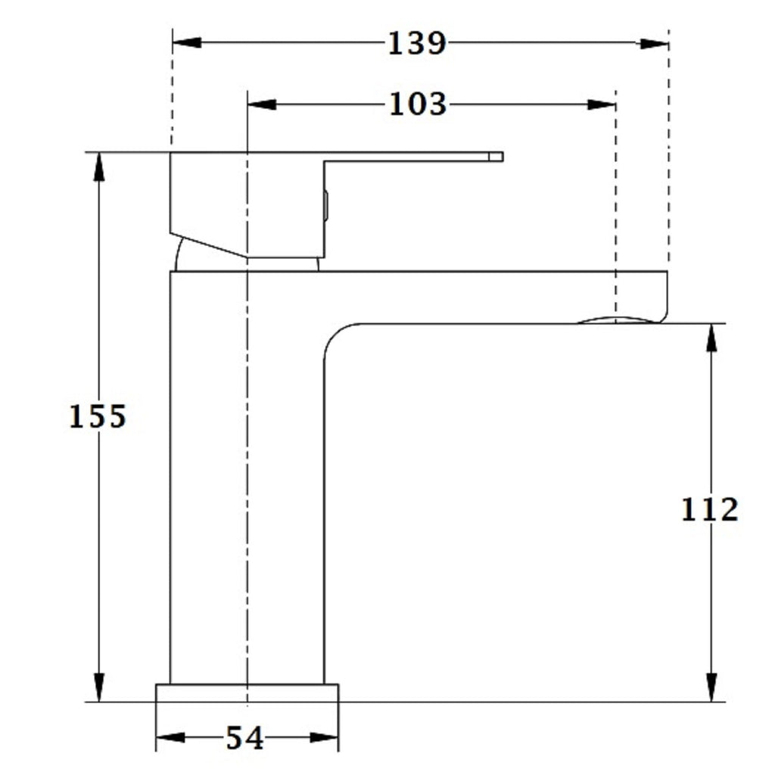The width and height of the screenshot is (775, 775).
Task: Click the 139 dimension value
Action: (x=417, y=43)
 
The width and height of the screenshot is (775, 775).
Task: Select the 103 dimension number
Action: (x=418, y=104)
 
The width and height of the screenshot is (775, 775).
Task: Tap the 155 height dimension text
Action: (x=98, y=416)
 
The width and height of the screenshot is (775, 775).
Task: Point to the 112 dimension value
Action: (x=710, y=509)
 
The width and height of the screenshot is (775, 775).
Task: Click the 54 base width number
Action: (x=244, y=739)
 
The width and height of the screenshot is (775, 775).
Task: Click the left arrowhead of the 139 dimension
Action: (x=187, y=42)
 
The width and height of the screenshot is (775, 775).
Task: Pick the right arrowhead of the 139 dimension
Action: (x=654, y=43)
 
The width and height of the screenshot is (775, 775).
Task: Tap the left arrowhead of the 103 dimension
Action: (x=261, y=104)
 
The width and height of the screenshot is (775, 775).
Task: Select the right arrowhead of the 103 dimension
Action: (x=602, y=104)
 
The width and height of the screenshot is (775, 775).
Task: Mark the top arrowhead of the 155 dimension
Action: (x=99, y=167)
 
